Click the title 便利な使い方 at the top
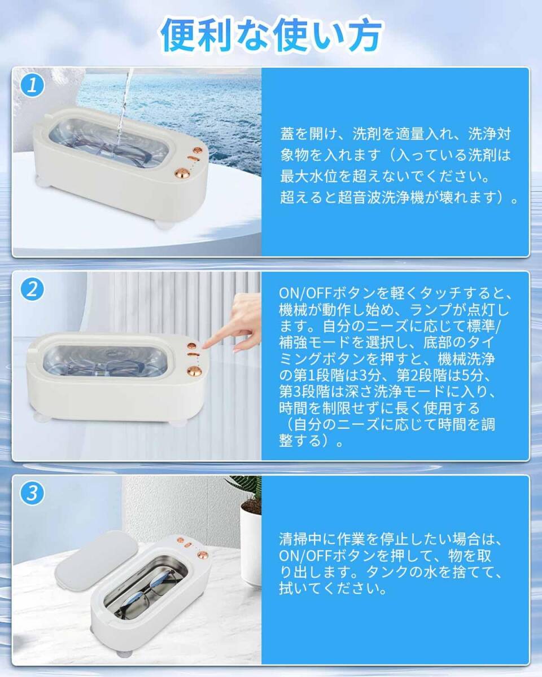coord(271,35)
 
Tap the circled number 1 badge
coord(32,85)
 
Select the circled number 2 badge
coord(32,289)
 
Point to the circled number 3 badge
coord(32,493)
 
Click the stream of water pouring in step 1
coord(124,107)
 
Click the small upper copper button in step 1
coord(198,151)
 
